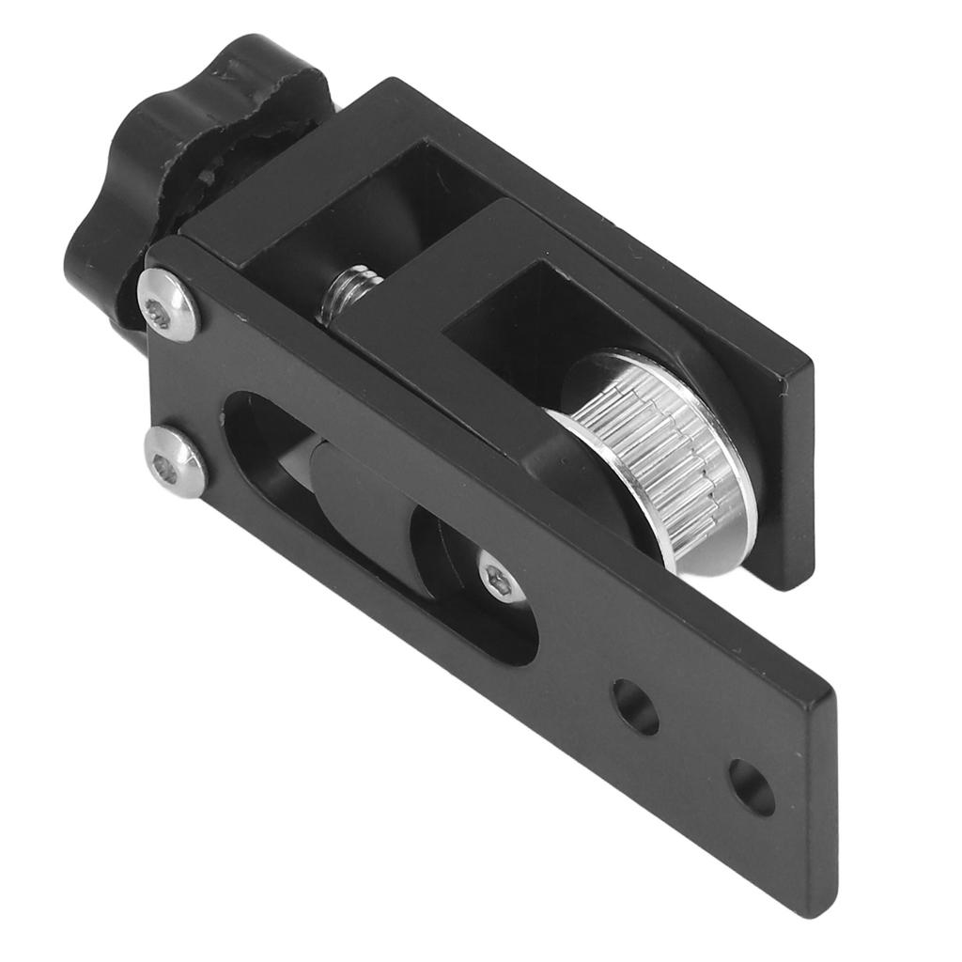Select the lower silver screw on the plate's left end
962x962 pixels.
click(x=176, y=461)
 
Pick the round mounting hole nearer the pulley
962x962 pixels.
click(x=635, y=706)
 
